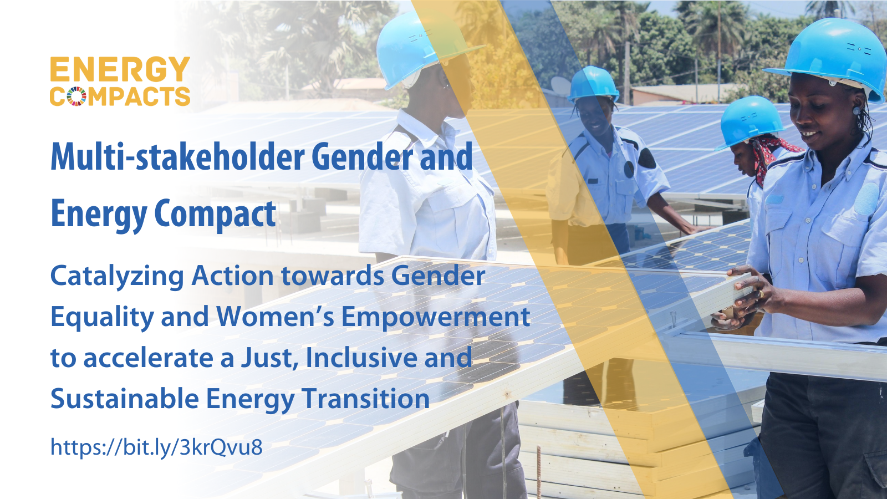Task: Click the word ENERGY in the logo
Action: pyautogui.click(x=120, y=70)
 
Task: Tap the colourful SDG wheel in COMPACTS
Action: pyautogui.click(x=77, y=96)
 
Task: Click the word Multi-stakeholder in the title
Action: pyautogui.click(x=177, y=157)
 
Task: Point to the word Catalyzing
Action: pyautogui.click(x=117, y=276)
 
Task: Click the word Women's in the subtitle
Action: pyautogui.click(x=275, y=317)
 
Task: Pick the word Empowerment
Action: pyautogui.click(x=435, y=317)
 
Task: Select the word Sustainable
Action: pyautogui.click(x=125, y=399)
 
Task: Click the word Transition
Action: pyautogui.click(x=366, y=399)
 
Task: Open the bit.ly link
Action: pyautogui.click(x=156, y=447)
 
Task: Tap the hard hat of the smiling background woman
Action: pyautogui.click(x=593, y=83)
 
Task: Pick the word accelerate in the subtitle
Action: pyautogui.click(x=148, y=358)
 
